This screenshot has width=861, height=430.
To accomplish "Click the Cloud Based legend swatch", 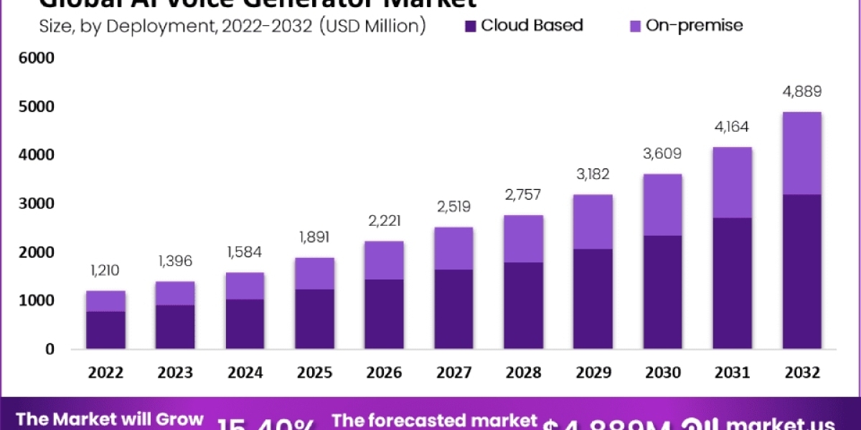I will (x=471, y=27).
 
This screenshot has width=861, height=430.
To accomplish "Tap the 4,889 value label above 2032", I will (x=801, y=92).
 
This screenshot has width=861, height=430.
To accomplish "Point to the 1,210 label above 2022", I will (x=105, y=270).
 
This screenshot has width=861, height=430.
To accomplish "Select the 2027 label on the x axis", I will (x=453, y=373).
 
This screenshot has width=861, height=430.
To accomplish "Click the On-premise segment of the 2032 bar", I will (x=801, y=153).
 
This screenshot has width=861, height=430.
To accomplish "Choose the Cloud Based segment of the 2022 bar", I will (x=105, y=330).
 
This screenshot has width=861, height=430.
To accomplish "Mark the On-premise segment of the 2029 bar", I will (x=593, y=221).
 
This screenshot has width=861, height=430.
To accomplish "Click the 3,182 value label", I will (x=593, y=174).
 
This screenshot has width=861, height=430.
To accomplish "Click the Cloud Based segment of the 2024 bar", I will (x=245, y=324).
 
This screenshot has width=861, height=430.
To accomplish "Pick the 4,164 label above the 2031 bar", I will (x=732, y=127).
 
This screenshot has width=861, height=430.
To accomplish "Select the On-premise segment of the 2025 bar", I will (x=314, y=273).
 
